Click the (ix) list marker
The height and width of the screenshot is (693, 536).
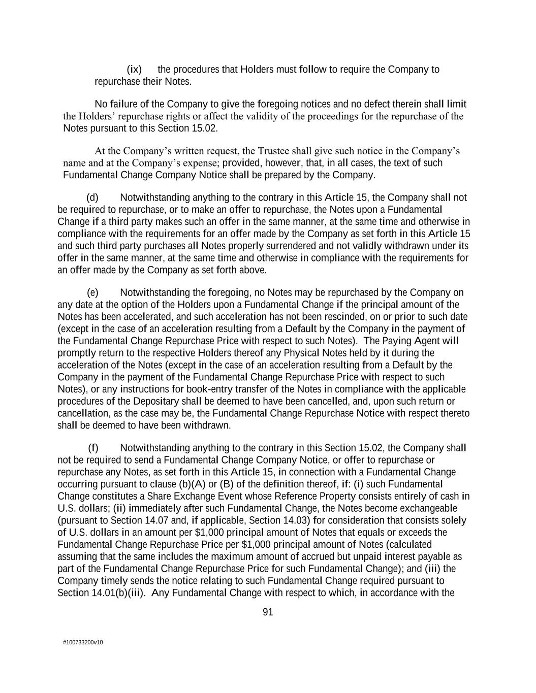134,70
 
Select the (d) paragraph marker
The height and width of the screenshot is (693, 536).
92,197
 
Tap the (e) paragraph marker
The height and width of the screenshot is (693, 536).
92,292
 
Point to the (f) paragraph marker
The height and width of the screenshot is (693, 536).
93,448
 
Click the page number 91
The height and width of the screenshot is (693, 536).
268,612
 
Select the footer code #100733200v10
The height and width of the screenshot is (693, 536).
83,642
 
